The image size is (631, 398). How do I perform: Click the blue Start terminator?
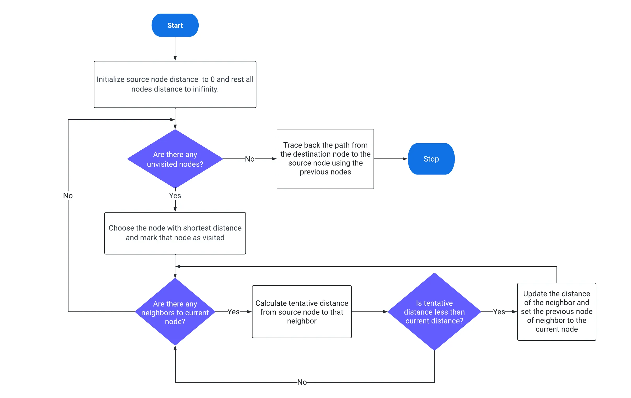[x=175, y=25]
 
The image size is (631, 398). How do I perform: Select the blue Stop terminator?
[x=431, y=159]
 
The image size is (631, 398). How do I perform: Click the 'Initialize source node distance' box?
[x=175, y=84]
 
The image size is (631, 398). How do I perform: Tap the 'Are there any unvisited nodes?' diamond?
[x=175, y=159]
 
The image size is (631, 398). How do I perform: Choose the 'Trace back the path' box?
[x=325, y=159]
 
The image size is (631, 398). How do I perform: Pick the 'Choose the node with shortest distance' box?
[x=175, y=233]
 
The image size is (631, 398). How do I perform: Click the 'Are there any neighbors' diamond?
[x=175, y=312]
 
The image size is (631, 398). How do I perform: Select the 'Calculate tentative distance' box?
[x=302, y=312]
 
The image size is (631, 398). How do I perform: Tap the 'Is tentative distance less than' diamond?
[x=434, y=312]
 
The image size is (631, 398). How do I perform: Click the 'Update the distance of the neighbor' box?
[x=557, y=312]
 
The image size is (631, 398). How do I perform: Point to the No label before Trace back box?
[x=250, y=159]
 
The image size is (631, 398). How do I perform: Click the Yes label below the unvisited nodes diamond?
[x=175, y=196]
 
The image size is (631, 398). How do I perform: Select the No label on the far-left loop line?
[x=68, y=196]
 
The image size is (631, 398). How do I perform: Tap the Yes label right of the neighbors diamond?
[x=233, y=312]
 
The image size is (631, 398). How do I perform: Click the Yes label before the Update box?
[x=499, y=312]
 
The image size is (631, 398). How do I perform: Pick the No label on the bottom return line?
[x=302, y=382]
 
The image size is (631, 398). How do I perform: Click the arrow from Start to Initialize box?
[x=175, y=49]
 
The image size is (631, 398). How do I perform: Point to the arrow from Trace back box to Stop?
[x=391, y=159]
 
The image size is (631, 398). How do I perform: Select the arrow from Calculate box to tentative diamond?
[x=370, y=312]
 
